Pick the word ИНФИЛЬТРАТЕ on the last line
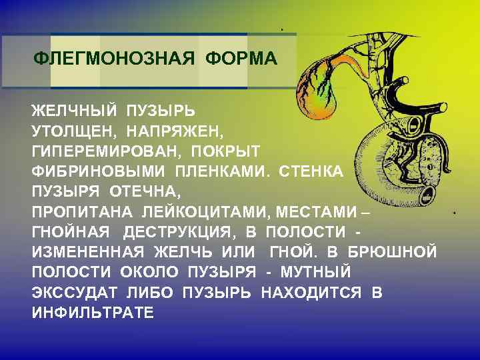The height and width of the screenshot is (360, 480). [93, 313]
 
